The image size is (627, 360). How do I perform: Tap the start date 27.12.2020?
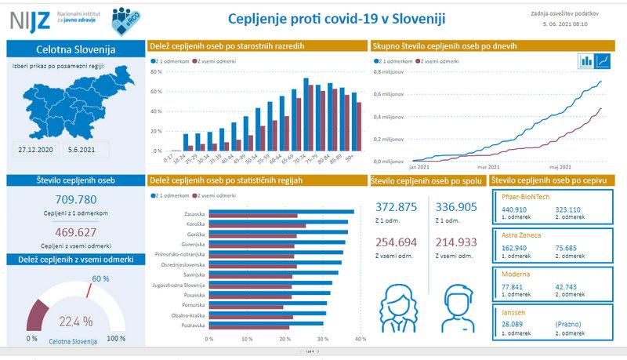pos(35,147)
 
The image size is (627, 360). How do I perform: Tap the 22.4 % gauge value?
pos(76,320)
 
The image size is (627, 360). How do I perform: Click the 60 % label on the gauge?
pos(100,278)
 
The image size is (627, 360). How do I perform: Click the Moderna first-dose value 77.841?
pos(513,288)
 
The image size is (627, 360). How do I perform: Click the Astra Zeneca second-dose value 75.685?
pos(567,249)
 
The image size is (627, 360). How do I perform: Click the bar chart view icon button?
pos(585,61)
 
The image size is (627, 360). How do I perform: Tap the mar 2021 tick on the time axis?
pos(488,167)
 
